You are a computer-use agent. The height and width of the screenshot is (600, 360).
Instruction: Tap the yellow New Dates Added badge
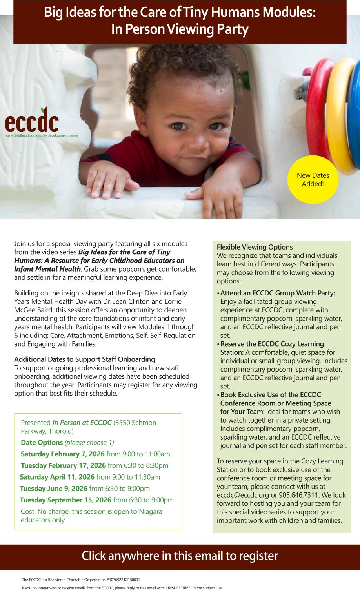313,180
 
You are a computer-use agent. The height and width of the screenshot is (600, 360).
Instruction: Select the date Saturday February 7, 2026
63,454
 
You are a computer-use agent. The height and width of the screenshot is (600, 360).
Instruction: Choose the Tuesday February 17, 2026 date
63,465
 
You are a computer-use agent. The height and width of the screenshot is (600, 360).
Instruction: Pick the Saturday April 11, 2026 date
57,477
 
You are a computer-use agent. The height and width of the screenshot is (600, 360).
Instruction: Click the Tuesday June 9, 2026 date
54,488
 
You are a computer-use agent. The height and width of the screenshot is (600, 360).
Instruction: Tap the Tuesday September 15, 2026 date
65,500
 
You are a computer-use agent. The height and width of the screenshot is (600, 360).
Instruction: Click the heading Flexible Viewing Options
255,247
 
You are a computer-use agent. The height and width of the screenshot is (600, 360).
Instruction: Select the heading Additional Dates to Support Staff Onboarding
84,359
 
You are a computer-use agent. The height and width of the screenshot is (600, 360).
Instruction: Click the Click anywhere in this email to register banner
180,556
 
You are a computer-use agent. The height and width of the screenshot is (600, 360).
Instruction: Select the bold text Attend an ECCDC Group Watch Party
278,293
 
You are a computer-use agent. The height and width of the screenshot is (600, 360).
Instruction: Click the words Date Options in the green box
42,442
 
